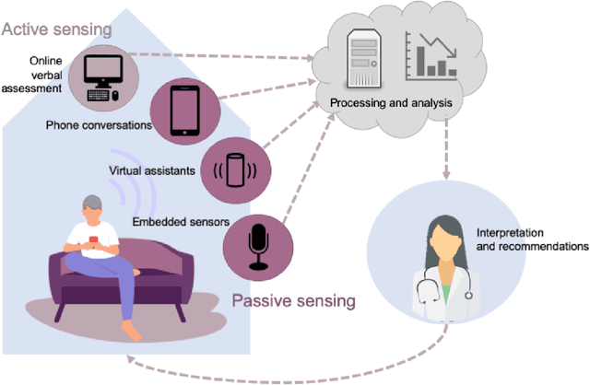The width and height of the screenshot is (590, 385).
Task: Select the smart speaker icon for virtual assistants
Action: point(235,171)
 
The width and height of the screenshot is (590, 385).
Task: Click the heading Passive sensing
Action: point(292,300)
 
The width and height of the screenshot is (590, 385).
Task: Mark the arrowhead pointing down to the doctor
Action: point(444,174)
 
